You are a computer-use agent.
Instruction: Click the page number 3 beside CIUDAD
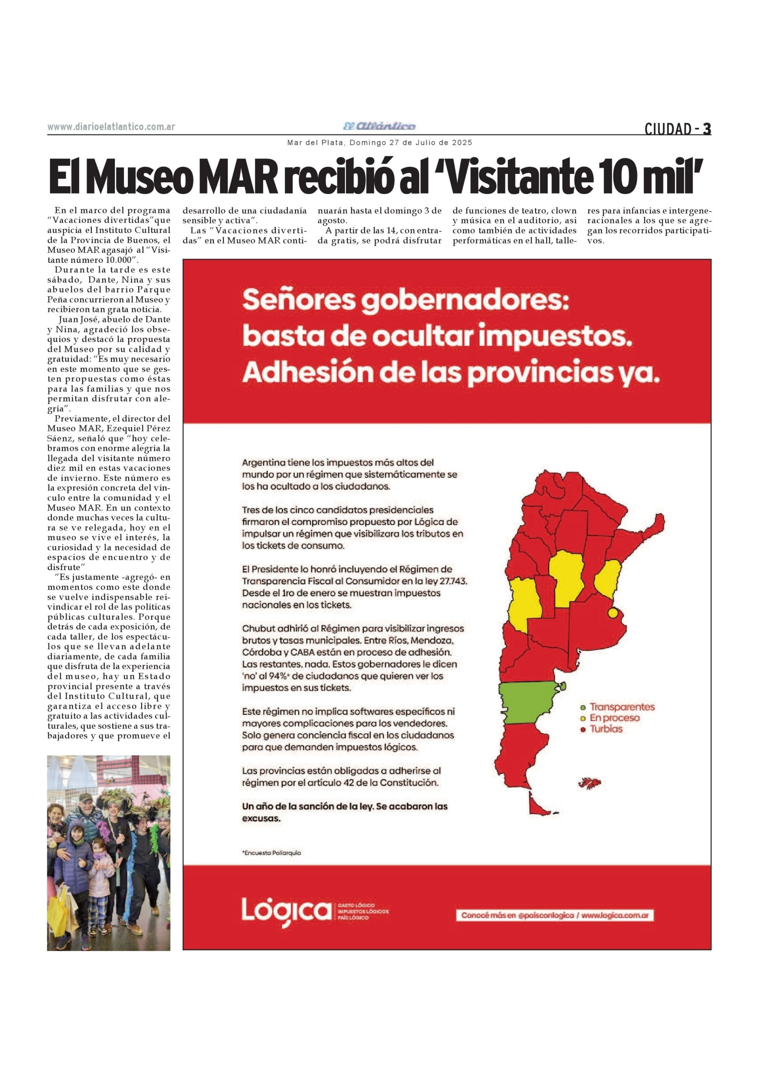pos(707,129)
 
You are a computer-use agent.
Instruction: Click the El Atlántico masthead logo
pos(380,126)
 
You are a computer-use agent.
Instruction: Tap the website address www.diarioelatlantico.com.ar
pos(111,127)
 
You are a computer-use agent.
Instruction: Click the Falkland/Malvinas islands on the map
pos(590,783)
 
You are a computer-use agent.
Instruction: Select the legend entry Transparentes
pos(622,707)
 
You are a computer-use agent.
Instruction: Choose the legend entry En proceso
pos(614,718)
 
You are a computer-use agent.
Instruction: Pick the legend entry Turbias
pos(606,728)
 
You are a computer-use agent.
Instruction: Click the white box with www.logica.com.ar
pos(555,915)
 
